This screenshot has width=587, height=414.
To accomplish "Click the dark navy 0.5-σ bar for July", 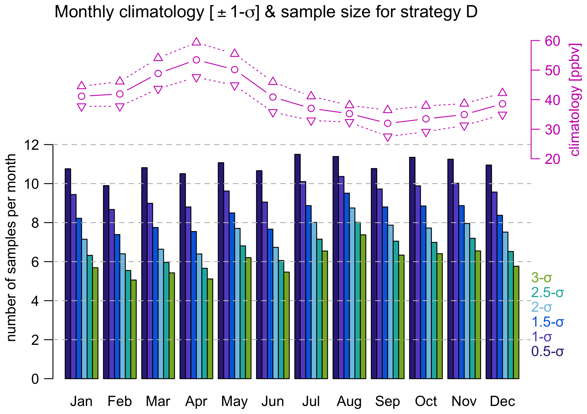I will point(297,267).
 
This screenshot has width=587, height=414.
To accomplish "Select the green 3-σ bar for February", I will point(133,329).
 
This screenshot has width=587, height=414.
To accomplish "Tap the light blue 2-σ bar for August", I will point(352,293).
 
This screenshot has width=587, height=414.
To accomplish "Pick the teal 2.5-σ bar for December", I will point(511,315).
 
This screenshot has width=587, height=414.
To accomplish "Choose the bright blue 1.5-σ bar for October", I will point(423,292).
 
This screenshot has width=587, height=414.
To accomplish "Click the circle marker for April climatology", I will point(196,60).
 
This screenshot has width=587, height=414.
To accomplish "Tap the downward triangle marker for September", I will point(388,137).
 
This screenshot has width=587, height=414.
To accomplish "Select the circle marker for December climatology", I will point(502,104).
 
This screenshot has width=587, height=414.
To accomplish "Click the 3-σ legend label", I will point(541,278).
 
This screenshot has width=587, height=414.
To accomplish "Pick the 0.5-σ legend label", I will point(547,352).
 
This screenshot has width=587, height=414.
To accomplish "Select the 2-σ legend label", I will point(541,307).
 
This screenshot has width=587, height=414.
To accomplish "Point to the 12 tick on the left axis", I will point(31,145).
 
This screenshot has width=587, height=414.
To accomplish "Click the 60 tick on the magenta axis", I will point(552,41).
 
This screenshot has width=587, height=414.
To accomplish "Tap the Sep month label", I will point(387,401).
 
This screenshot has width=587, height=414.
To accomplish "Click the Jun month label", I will point(273,401).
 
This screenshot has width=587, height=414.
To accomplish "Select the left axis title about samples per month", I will point(11,248).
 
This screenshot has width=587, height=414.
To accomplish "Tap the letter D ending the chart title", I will point(472,12).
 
